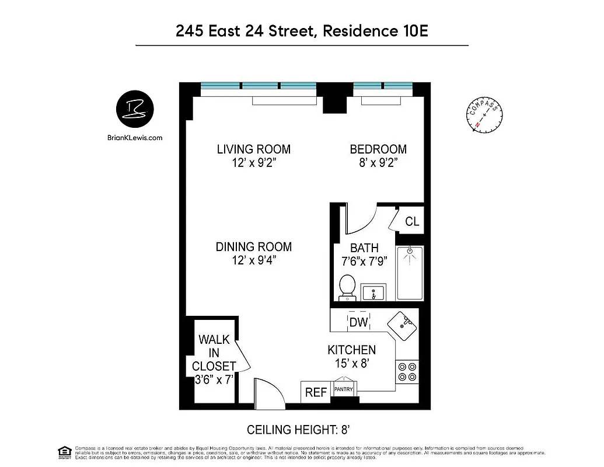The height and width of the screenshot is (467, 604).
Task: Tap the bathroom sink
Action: (x=374, y=292)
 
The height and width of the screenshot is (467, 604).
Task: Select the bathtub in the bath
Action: (x=410, y=273)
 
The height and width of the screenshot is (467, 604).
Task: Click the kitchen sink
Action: (x=403, y=325)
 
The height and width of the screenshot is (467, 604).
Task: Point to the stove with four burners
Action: (x=407, y=372)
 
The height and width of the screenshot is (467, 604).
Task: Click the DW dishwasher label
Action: (x=358, y=322)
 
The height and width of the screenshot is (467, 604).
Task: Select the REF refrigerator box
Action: (x=316, y=392)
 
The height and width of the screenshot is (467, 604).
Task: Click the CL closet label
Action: (x=412, y=222)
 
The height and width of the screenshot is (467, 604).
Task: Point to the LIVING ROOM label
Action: (x=253, y=149)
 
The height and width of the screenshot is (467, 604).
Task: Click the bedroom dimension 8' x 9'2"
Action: (x=378, y=163)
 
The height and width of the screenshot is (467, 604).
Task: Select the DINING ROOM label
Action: (x=253, y=247)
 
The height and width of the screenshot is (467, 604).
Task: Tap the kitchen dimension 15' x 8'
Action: (x=351, y=363)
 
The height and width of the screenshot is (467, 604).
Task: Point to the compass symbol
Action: (x=484, y=115)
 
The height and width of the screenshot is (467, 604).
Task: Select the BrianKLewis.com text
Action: (x=135, y=138)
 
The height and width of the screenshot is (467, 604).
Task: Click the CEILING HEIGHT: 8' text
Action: (x=298, y=430)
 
